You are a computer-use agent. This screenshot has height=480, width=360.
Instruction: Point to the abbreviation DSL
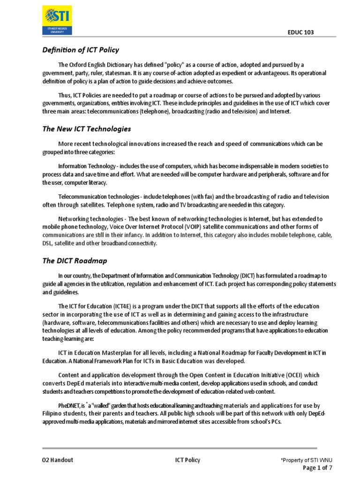(49, 243)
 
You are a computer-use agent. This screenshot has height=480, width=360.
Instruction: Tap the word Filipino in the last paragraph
(52, 413)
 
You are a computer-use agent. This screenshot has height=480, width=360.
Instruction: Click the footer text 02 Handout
(58, 460)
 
